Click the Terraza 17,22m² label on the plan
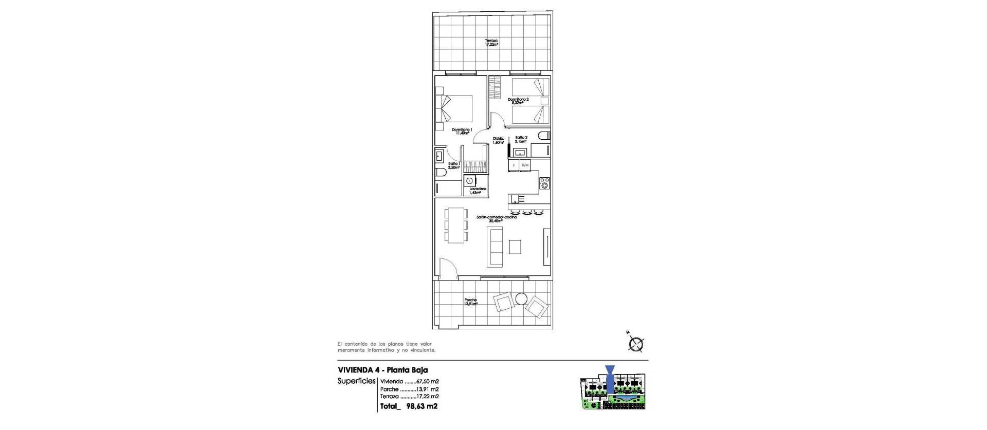coord(491,43)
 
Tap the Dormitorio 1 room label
coord(462,131)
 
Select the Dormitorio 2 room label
coord(518,101)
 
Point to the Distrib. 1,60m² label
coord(498,140)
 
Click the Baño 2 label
coord(521,139)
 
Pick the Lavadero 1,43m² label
coord(478,191)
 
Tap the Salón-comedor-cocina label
coord(496,219)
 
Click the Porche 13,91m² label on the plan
coord(470,302)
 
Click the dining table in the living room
coord(96,225)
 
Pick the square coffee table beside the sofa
coord(515,247)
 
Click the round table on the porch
coord(521,298)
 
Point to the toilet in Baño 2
coord(544,136)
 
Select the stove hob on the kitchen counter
coord(544,183)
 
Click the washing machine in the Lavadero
coord(469,181)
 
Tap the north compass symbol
coord(636,343)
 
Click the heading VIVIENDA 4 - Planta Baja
coord(382,370)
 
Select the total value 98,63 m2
coord(422,406)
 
